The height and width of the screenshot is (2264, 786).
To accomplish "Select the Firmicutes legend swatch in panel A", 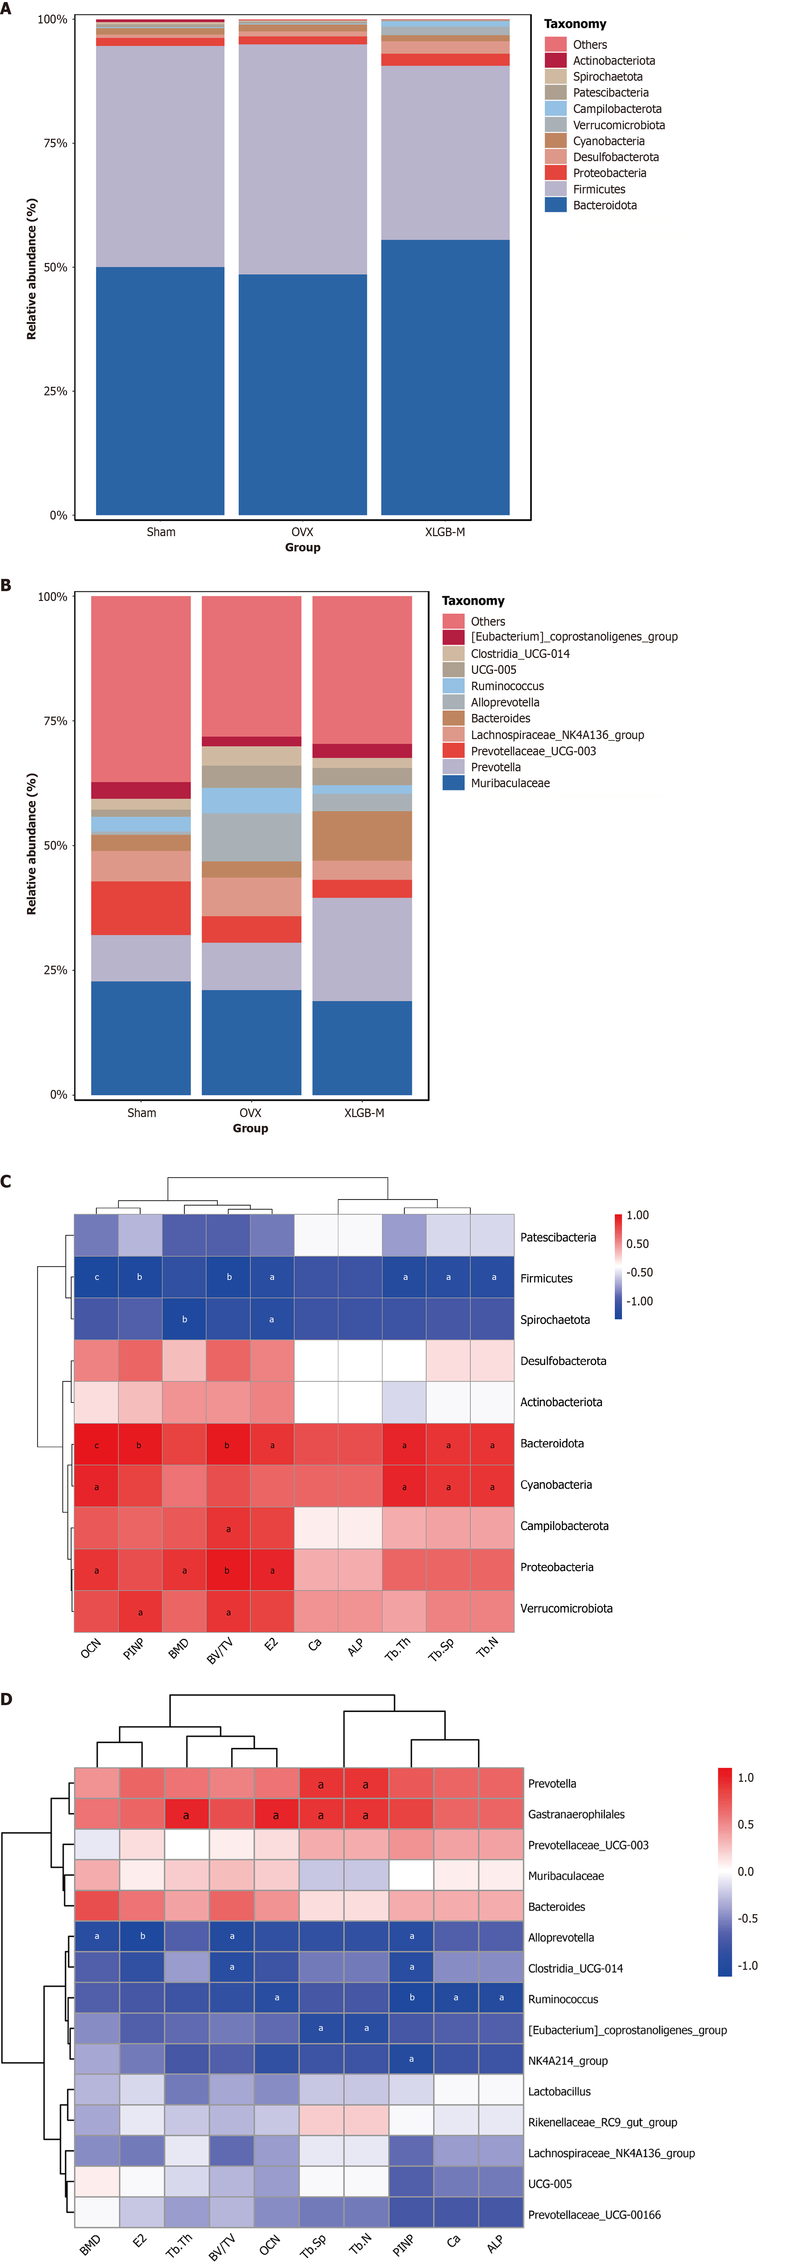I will (555, 189).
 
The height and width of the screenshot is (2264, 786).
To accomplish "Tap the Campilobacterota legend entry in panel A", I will (617, 109).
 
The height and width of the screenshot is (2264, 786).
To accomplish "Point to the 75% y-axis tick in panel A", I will (55, 143).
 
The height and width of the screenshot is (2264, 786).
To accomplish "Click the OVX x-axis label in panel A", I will (303, 532).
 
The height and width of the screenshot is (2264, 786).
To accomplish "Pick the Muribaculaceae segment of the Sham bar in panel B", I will (141, 1037).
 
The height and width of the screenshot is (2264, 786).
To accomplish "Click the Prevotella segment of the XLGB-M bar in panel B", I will (362, 949).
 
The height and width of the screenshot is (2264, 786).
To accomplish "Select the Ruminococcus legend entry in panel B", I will (507, 686).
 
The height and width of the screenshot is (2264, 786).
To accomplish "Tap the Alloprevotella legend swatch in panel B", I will (453, 702).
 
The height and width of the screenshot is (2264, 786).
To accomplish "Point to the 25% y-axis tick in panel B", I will (55, 970).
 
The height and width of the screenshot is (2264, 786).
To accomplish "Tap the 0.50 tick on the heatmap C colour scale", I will (637, 1244).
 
